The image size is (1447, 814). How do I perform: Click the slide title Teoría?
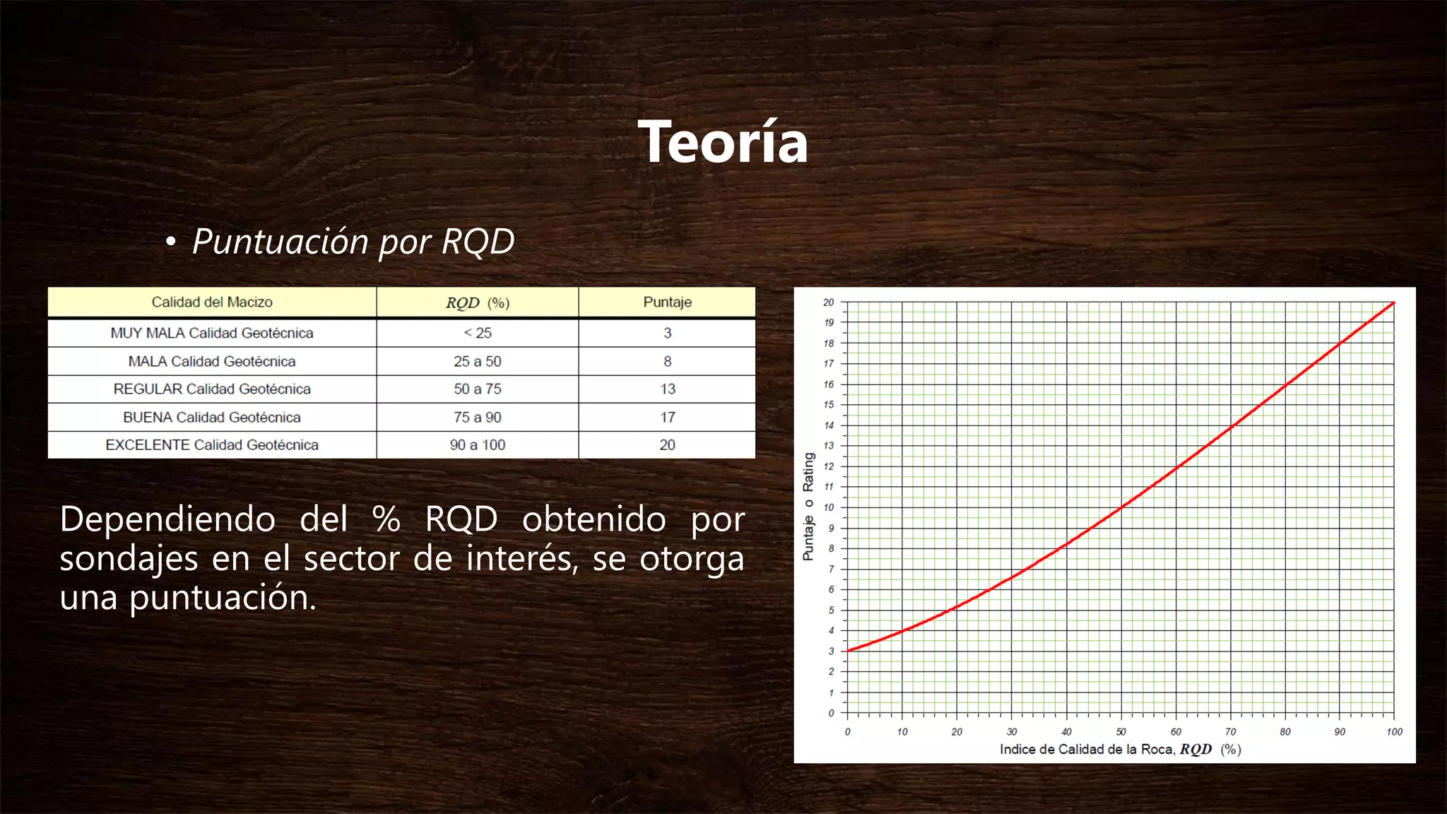tap(723, 142)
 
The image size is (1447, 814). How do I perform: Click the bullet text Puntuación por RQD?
tap(353, 242)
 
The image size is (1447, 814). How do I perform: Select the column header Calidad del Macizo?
tap(212, 302)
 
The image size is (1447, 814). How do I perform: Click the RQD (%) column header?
tap(477, 303)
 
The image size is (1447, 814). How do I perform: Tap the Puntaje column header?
tap(667, 302)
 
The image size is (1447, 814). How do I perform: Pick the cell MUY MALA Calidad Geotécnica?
tap(212, 333)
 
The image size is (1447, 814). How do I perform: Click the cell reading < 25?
tap(477, 333)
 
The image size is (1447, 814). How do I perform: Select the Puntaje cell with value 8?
tap(667, 361)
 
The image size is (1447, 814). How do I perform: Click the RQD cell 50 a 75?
tap(477, 389)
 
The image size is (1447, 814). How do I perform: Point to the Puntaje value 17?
tap(667, 417)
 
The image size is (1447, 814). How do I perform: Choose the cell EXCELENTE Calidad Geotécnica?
tap(212, 445)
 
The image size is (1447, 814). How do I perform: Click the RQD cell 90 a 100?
tap(477, 445)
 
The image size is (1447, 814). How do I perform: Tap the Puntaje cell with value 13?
tap(667, 389)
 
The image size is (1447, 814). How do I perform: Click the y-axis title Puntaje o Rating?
tap(808, 507)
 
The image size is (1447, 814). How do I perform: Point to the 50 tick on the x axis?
tap(1121, 731)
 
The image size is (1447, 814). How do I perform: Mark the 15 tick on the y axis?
tap(829, 405)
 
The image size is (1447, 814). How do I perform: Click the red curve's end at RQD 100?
tap(1393, 303)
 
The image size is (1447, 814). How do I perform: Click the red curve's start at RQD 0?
tap(849, 650)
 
